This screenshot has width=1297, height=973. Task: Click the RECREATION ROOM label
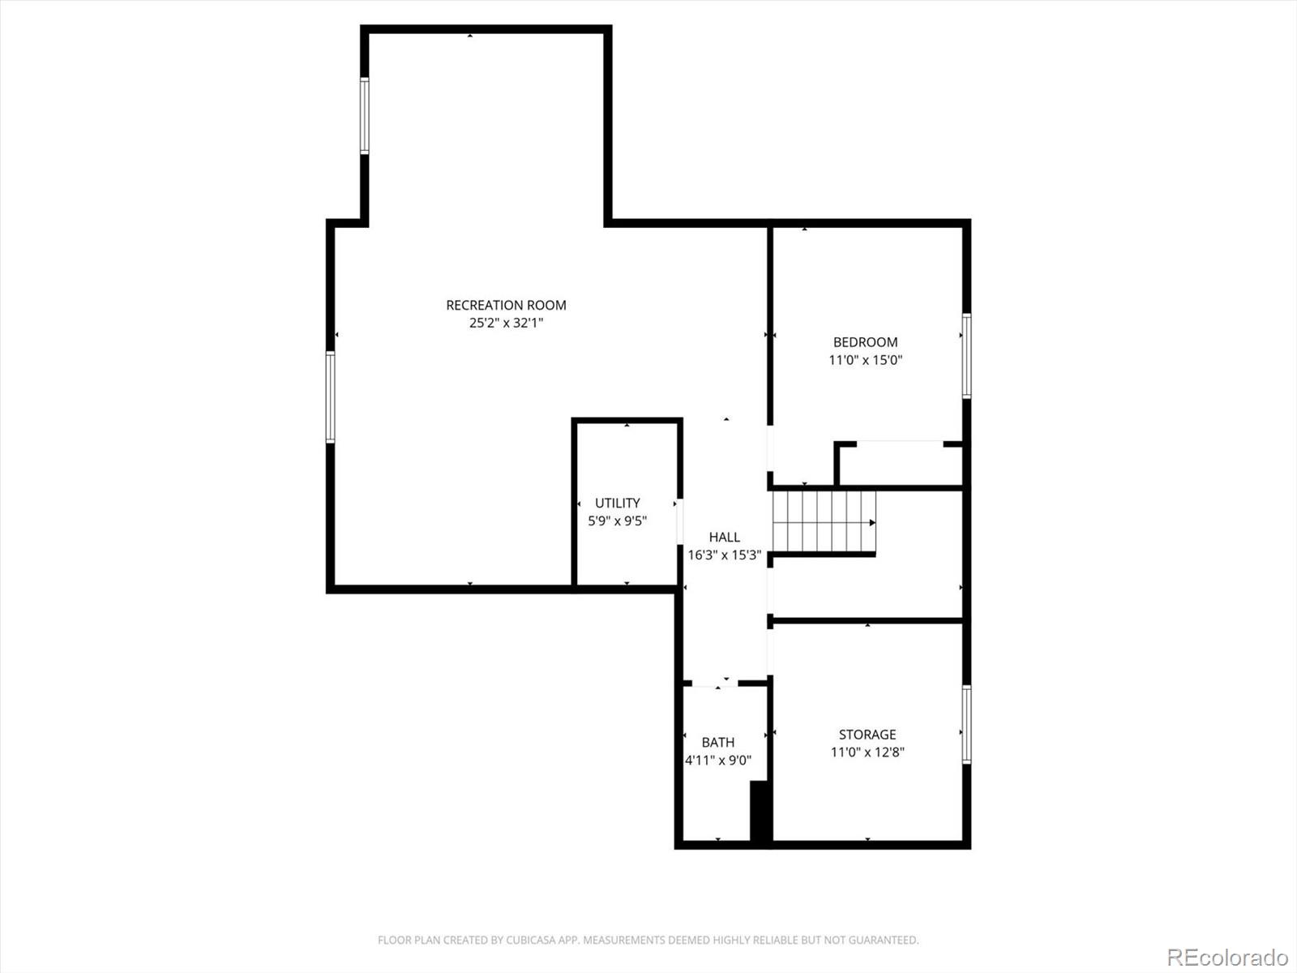(506, 305)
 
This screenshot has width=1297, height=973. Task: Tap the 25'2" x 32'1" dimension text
(506, 323)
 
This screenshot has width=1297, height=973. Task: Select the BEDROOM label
(865, 342)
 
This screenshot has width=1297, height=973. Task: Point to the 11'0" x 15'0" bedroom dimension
(865, 360)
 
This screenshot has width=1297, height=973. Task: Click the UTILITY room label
(617, 503)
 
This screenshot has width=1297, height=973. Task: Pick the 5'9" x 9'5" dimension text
(617, 521)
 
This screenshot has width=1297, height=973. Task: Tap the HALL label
(725, 537)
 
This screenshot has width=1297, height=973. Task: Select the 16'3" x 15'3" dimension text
(725, 555)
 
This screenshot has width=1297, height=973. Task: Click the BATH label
(718, 742)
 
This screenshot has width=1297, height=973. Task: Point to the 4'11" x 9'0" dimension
(718, 760)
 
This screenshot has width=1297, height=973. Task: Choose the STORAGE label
(867, 735)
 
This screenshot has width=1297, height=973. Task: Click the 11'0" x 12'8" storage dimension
(867, 752)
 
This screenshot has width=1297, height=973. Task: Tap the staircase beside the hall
(824, 522)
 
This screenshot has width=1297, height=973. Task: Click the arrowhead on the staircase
(872, 523)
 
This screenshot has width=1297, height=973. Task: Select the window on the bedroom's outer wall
(966, 356)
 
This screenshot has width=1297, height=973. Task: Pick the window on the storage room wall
(966, 724)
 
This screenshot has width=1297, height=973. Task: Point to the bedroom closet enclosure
(898, 464)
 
